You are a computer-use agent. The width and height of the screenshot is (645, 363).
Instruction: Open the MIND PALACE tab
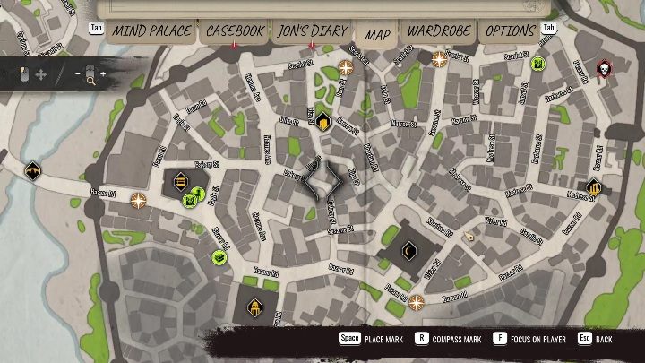point(151,31)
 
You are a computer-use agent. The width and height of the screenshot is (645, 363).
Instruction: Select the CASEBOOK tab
point(235,31)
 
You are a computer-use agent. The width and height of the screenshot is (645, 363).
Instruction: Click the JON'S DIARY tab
point(312,31)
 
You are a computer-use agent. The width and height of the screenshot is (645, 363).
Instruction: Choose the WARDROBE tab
point(439,31)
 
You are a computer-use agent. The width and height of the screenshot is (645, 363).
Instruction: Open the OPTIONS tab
point(510,31)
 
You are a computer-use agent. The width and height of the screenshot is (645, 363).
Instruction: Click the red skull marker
point(603,68)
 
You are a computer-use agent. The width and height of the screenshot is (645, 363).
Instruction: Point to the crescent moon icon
point(410,250)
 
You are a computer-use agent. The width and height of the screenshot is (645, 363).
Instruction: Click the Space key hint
point(348,339)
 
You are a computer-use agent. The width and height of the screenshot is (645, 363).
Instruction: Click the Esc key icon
point(584,339)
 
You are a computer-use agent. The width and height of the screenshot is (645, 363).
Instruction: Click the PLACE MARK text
point(383,340)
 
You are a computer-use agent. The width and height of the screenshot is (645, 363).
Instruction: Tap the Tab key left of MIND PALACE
point(96,28)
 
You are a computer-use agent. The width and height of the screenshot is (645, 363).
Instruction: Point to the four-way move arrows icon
point(41,74)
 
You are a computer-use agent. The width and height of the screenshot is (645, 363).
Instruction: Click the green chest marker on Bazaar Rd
point(219,258)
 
